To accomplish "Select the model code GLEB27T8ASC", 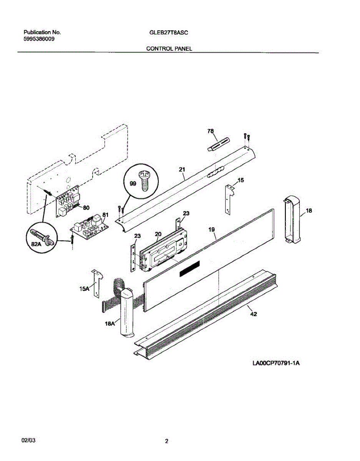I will [168, 33].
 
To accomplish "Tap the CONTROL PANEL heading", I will [168, 49].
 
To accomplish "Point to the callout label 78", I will [210, 131].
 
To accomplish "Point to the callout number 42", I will [253, 314].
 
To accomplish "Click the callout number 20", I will [158, 234].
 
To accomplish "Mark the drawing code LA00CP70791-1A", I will [275, 362].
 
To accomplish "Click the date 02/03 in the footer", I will [27, 439].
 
